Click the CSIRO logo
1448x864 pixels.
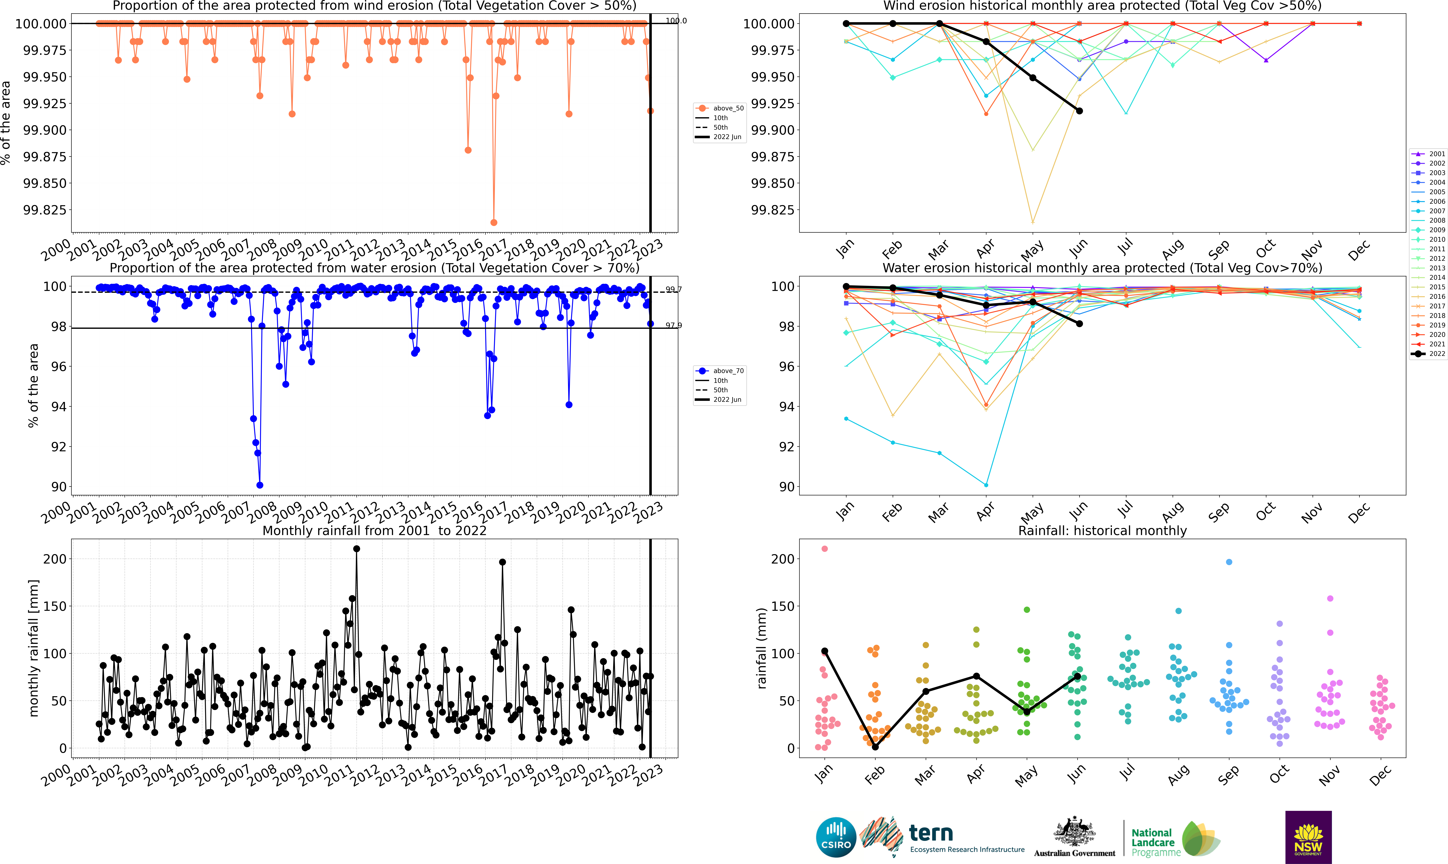coord(836,837)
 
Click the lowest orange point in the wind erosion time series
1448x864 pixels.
coord(494,222)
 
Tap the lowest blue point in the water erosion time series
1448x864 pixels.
coord(260,485)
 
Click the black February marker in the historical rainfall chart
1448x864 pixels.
coord(875,746)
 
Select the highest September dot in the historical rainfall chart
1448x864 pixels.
coord(1229,562)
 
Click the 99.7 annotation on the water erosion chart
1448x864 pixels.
coord(674,289)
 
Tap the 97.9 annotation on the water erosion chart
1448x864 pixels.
coord(674,325)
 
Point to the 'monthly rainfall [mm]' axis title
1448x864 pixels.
coord(34,648)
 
